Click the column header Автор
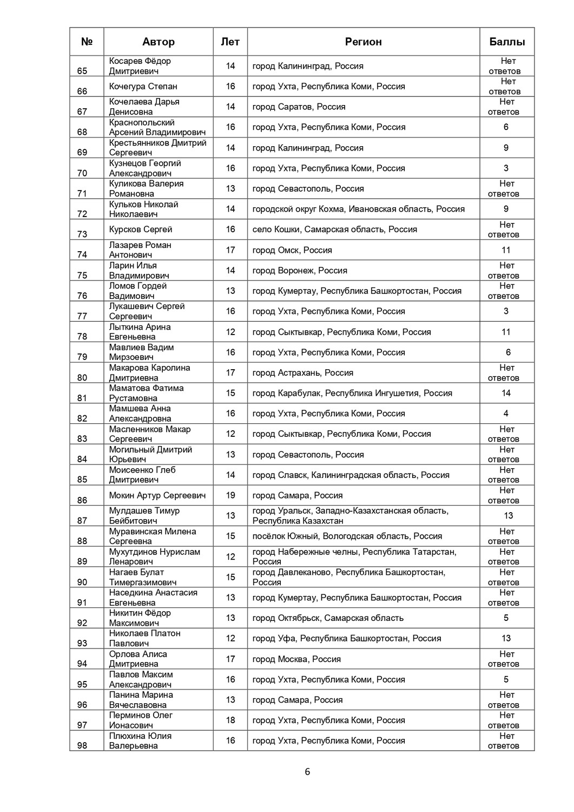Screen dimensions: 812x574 [x=158, y=42]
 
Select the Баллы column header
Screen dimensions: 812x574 [x=507, y=42]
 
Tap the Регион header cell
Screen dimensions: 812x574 [x=363, y=42]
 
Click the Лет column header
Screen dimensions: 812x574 [x=230, y=42]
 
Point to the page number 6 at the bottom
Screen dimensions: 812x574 [x=307, y=772]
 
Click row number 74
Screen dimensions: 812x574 [x=82, y=254]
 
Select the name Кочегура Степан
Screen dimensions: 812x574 [x=143, y=87]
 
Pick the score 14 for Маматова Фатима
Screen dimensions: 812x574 [x=506, y=393]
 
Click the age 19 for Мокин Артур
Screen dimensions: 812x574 [x=230, y=495]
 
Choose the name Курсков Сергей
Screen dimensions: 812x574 [x=141, y=230]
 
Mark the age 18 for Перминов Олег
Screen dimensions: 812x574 [x=230, y=720]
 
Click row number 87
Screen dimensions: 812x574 [x=82, y=520]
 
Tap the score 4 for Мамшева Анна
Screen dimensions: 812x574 [x=506, y=414]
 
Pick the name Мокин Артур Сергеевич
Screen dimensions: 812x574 [x=157, y=495]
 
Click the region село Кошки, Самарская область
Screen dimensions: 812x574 [x=334, y=230]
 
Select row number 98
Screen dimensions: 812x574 [x=82, y=745]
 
